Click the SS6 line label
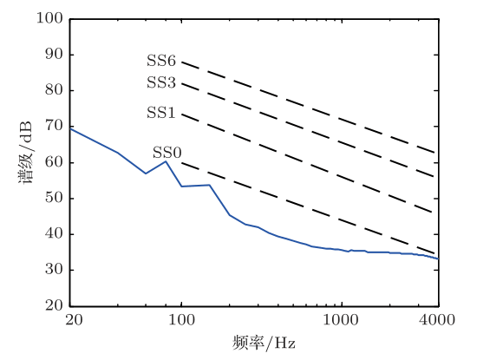click(160, 62)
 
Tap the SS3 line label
click(160, 83)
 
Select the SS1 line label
click(160, 114)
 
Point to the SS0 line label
click(167, 153)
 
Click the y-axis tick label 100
click(50, 18)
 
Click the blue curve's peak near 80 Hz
click(166, 161)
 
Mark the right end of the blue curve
click(438, 259)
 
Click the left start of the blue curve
click(70, 128)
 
